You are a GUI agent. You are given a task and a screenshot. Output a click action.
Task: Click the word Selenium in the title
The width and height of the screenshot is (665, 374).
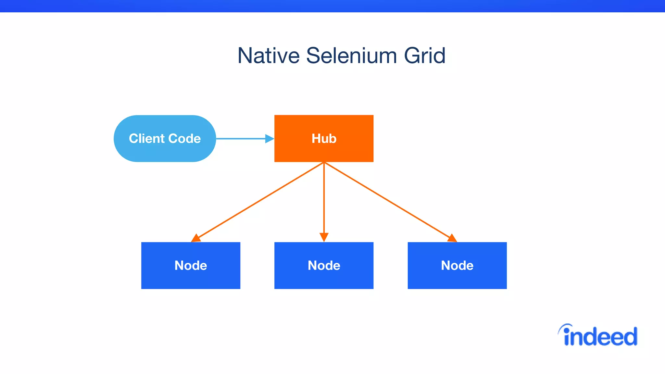[x=351, y=56]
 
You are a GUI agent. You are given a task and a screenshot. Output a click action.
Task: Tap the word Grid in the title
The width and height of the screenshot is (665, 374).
[x=424, y=56]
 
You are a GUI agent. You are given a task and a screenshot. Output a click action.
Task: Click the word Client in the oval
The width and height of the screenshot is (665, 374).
[x=146, y=139]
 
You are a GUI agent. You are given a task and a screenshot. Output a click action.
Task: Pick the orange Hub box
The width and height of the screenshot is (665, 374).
[x=324, y=149]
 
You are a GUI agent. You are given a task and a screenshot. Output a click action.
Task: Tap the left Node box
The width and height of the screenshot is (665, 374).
[x=191, y=276]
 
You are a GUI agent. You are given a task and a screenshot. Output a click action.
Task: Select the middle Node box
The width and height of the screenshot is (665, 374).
[x=324, y=276]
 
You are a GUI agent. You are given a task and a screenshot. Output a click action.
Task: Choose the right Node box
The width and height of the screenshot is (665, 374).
[x=457, y=276]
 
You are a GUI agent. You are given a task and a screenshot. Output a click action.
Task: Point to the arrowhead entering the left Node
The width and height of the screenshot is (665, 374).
[x=196, y=238]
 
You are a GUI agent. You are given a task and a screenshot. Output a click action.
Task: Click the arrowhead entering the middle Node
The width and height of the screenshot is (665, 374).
[x=324, y=237]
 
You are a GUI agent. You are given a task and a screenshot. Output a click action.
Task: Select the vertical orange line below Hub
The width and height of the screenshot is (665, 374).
[x=324, y=198]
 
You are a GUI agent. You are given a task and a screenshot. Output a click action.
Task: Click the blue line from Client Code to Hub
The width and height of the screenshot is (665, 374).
[x=240, y=139]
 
